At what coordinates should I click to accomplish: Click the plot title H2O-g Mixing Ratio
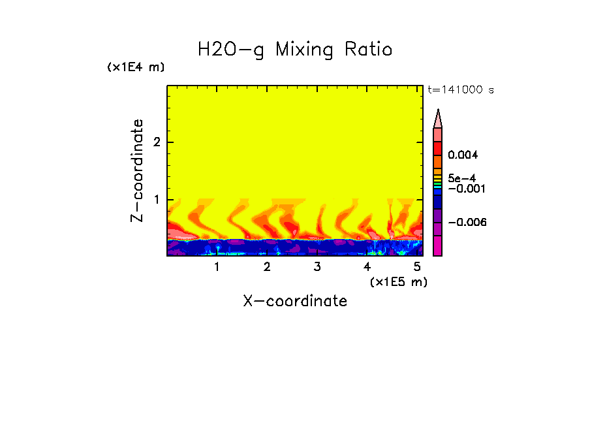coord(295,50)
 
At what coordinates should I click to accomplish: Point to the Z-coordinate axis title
coord(137,170)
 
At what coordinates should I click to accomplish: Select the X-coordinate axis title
coord(295,301)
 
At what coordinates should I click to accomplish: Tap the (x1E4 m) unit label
coord(136,67)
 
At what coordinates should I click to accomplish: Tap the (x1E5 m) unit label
coord(398,281)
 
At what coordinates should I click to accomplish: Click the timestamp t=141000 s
coord(460,90)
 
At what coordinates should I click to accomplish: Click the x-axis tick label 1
coord(217,267)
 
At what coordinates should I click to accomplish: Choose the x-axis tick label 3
coord(317,267)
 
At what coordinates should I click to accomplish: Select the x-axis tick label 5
coord(417,267)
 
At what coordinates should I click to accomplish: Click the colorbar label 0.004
coord(463,155)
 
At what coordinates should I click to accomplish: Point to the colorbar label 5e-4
coord(461,178)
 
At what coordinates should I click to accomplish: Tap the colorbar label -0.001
coord(465,189)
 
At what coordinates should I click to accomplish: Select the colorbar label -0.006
coord(467,223)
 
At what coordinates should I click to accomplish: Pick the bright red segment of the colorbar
coord(438,148)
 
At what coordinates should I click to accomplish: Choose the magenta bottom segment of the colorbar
coord(438,246)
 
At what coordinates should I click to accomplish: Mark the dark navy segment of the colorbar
coord(438,202)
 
